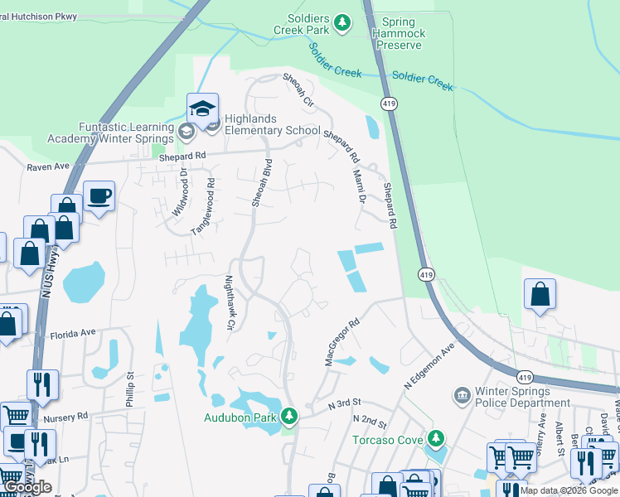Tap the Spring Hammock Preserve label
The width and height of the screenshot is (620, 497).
tap(400, 33)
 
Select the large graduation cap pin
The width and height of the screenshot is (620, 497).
tap(202, 109)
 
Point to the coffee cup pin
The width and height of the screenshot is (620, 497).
tap(99, 196)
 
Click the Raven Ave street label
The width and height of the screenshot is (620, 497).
tap(49, 166)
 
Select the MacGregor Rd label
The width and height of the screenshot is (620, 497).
tap(341, 342)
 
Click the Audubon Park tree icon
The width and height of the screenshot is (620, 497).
tap(289, 415)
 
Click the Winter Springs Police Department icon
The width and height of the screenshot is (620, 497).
tap(462, 396)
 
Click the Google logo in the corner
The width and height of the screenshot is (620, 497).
tap(27, 487)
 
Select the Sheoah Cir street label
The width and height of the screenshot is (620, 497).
tap(299, 91)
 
